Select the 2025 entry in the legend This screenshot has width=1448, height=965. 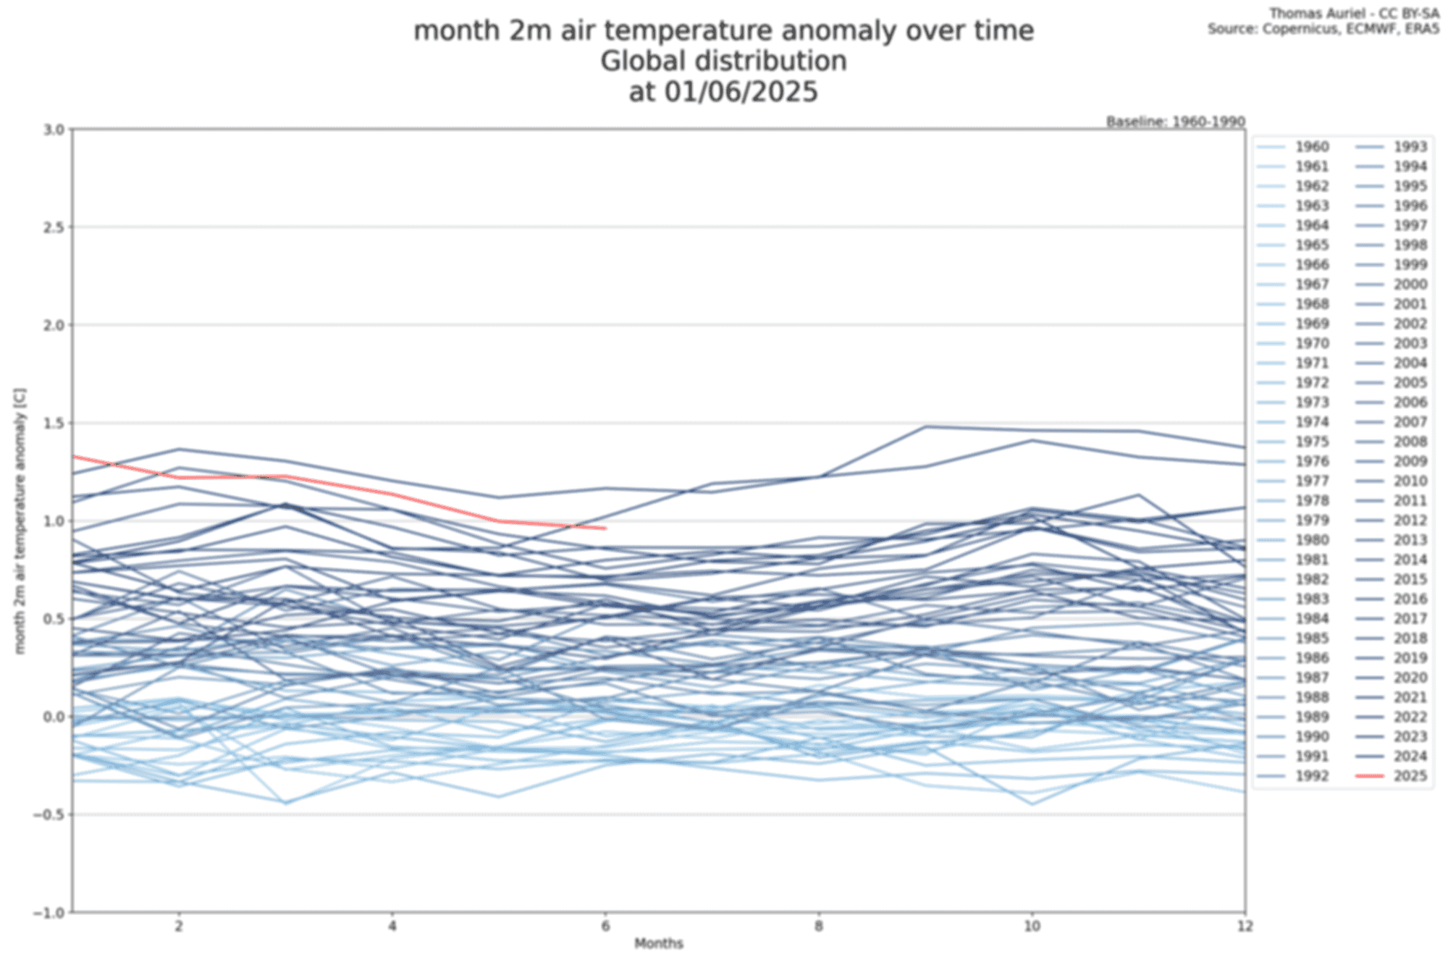point(1410,776)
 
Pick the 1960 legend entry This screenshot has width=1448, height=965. point(1311,147)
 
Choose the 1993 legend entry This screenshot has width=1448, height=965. point(1410,147)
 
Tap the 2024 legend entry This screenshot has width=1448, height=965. point(1410,757)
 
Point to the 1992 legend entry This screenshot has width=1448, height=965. point(1311,776)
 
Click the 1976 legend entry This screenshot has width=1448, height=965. point(1311,461)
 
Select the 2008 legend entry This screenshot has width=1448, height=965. point(1410,442)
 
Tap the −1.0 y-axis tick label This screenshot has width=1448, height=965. point(49,913)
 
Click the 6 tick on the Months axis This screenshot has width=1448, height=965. point(605,926)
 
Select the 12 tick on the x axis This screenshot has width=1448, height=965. point(1245,926)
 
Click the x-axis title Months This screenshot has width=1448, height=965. point(658,943)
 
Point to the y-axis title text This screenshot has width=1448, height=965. point(20,521)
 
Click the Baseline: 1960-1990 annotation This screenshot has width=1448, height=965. point(1175,122)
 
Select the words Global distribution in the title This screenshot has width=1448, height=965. point(723,62)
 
